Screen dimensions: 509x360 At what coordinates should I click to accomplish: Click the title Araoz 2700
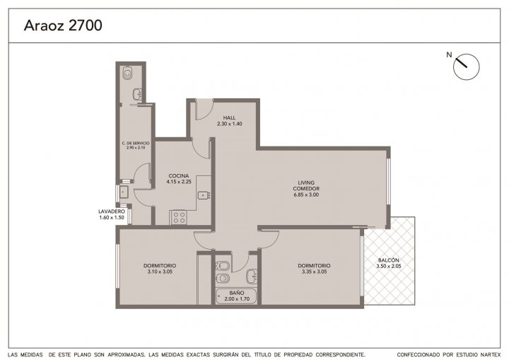pyautogui.click(x=63, y=25)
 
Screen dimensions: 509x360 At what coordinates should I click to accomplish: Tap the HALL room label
pyautogui.click(x=230, y=117)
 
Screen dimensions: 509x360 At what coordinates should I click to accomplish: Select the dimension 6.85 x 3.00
pyautogui.click(x=306, y=194)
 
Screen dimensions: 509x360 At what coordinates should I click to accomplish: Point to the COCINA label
pyautogui.click(x=179, y=176)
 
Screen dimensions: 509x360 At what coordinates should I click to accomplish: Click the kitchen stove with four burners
pyautogui.click(x=179, y=217)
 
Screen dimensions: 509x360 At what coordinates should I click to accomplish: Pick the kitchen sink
pyautogui.click(x=204, y=195)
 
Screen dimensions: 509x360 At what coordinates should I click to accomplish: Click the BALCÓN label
pyautogui.click(x=389, y=260)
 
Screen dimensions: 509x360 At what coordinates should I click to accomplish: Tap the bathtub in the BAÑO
pyautogui.click(x=236, y=296)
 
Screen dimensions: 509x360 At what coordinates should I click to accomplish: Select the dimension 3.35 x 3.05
pyautogui.click(x=314, y=272)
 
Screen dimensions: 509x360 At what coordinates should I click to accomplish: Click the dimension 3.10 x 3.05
pyautogui.click(x=159, y=272)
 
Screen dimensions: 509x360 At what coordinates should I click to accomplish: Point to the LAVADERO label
pyautogui.click(x=112, y=211)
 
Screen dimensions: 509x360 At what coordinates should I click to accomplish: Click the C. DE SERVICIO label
pyautogui.click(x=136, y=143)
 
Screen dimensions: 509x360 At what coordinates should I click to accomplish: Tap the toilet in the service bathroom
pyautogui.click(x=127, y=73)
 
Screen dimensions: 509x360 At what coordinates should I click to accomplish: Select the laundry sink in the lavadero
pyautogui.click(x=124, y=192)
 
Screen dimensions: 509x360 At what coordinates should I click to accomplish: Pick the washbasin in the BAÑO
pyautogui.click(x=252, y=276)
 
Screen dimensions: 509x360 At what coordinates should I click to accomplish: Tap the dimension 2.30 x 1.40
pyautogui.click(x=230, y=124)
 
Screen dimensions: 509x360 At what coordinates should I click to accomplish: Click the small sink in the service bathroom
pyautogui.click(x=137, y=94)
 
